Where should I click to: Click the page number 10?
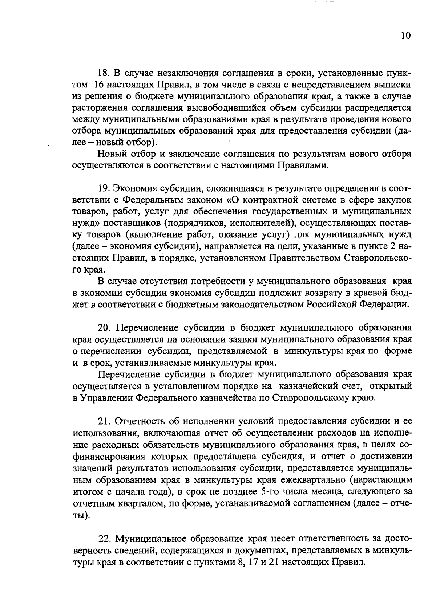pos(405,35)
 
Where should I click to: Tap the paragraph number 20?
pos(105,328)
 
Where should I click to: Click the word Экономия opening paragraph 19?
pos(135,189)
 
